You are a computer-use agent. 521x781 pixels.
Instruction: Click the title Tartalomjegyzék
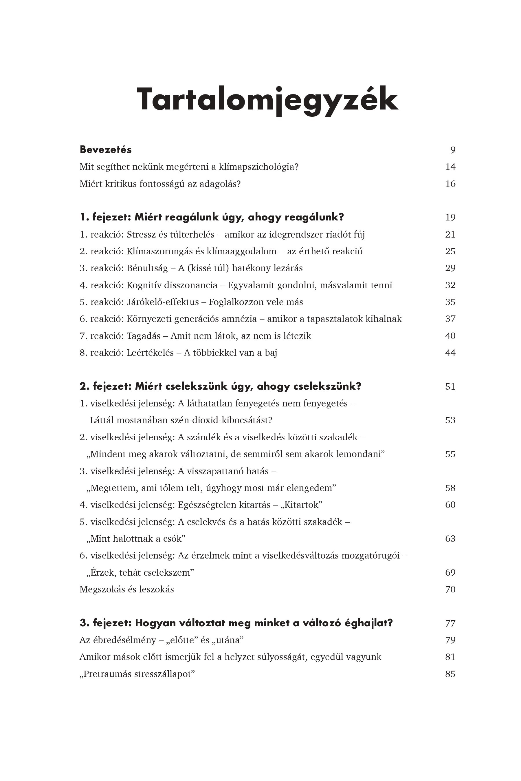pos(267,100)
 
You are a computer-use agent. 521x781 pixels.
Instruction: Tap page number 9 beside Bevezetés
pos(453,150)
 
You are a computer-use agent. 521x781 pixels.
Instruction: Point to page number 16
pos(450,184)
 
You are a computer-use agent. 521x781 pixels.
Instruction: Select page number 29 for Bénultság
pos(450,268)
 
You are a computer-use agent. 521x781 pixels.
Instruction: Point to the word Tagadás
pos(144,336)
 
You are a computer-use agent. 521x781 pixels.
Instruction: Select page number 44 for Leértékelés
pos(450,353)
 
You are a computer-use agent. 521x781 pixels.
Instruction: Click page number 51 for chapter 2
pos(450,387)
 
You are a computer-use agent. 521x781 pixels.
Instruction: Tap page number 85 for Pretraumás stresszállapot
pos(450,674)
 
